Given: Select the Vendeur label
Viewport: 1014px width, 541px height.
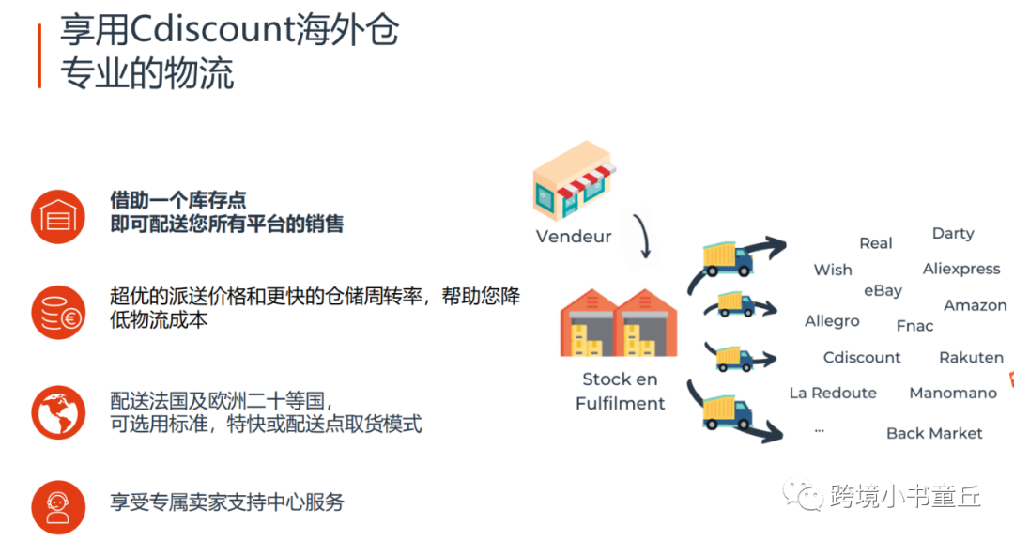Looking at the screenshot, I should [x=574, y=237].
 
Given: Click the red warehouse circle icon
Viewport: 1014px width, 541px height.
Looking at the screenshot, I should [x=58, y=215].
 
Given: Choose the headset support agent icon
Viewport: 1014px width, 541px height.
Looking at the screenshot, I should [x=58, y=507].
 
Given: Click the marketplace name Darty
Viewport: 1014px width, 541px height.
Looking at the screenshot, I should [x=953, y=234].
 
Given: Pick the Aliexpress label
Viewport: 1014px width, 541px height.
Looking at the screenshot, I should [x=961, y=269].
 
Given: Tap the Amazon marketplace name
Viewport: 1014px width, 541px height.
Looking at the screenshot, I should [x=975, y=306].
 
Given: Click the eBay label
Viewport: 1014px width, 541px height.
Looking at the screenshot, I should [x=883, y=291].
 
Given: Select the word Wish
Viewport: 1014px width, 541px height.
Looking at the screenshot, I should [x=833, y=270].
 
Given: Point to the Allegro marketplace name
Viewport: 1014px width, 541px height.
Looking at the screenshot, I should [x=832, y=321].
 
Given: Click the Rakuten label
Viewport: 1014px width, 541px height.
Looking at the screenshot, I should [x=971, y=358].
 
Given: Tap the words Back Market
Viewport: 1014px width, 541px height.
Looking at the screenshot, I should [x=934, y=433].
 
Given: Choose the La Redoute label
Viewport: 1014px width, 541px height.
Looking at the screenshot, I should [x=833, y=394].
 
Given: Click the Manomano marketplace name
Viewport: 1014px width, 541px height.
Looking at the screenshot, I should [x=953, y=394].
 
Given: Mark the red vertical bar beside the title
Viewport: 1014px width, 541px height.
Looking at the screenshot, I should [x=39, y=56].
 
